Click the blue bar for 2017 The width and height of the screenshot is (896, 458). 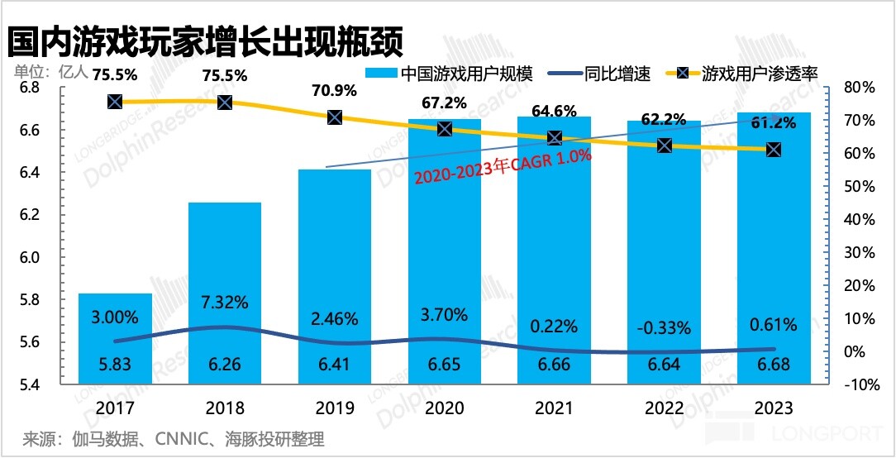115,339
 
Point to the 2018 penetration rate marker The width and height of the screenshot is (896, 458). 225,103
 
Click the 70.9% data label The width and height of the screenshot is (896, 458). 334,88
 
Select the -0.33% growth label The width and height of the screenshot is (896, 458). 664,328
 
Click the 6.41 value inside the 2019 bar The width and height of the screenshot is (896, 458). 335,364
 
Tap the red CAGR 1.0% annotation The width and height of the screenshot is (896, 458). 503,166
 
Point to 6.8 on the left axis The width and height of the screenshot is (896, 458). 29,88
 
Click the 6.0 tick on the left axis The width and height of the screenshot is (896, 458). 29,258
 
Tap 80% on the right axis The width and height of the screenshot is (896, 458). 858,88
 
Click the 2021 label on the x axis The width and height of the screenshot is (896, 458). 554,408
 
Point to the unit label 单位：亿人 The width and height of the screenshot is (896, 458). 50,70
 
